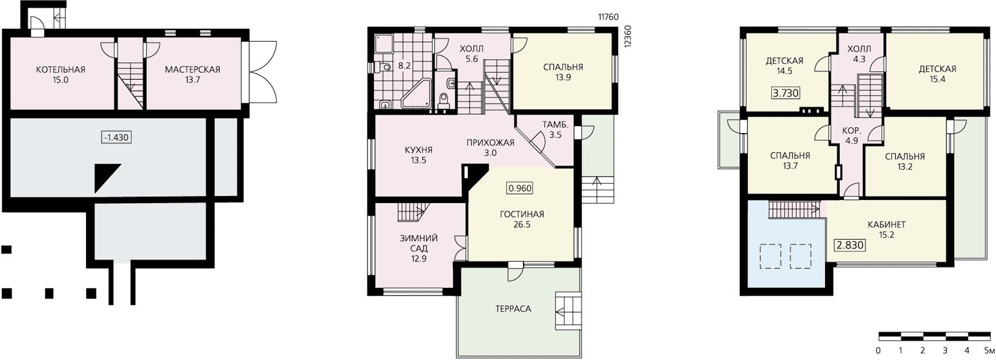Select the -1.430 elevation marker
(116, 138)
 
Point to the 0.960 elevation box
(520, 188)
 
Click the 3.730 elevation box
(786, 93)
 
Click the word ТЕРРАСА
(513, 309)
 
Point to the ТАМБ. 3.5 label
(555, 129)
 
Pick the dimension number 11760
(608, 17)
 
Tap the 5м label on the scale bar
(990, 350)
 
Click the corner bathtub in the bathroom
(416, 94)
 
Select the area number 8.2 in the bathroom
(404, 66)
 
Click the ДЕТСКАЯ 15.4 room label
(938, 75)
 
